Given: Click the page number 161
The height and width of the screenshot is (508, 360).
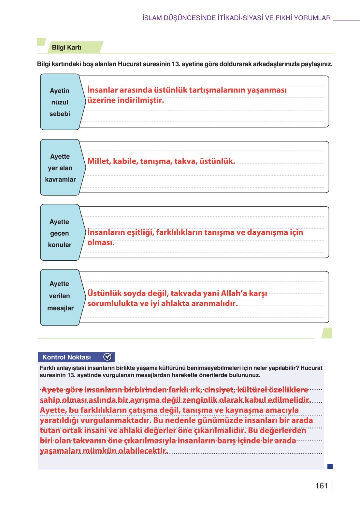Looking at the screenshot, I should [321, 486].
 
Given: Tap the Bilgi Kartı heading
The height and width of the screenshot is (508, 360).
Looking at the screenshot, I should [66, 48].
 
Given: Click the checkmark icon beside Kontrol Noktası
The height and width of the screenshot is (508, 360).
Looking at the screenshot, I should [108, 357].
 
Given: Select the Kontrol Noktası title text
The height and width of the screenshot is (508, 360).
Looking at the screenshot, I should [66, 357].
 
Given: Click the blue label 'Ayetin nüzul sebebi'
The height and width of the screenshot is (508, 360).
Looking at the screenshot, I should [60, 102].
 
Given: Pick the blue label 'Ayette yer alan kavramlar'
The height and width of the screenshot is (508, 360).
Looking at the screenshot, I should [60, 168].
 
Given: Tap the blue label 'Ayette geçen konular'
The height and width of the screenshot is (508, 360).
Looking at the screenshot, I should [60, 233].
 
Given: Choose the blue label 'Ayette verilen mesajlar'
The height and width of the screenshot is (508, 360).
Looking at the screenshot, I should [60, 296].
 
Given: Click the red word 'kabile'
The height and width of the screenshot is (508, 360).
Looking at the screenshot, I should [125, 161].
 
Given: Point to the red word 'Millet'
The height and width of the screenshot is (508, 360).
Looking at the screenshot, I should [99, 161].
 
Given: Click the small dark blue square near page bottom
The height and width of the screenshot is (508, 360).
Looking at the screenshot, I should [330, 466].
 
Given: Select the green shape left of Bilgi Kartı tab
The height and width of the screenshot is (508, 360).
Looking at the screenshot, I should [41, 42].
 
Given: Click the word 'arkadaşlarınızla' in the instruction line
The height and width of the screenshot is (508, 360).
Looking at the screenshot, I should [276, 64].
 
